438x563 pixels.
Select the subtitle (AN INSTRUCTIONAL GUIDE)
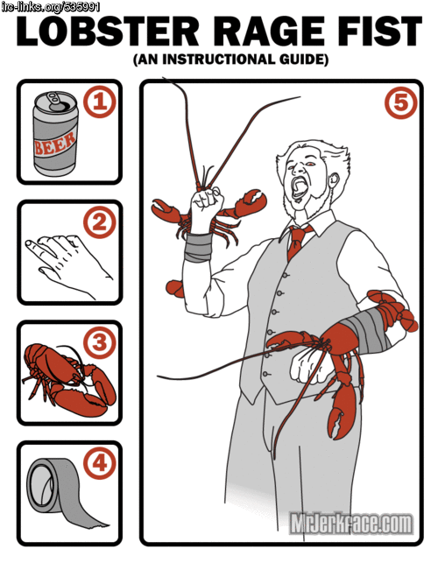coord(230,60)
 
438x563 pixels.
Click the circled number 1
coord(100,102)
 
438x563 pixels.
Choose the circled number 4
coord(100,462)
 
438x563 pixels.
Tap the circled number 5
coord(401,102)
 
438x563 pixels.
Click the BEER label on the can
coord(54,143)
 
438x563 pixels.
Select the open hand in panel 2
coord(68,264)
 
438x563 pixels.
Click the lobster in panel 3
coord(68,381)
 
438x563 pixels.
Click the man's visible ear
coord(335,181)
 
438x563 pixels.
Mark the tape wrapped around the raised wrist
coord(198,247)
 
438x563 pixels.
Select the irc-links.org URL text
coord(50,7)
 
